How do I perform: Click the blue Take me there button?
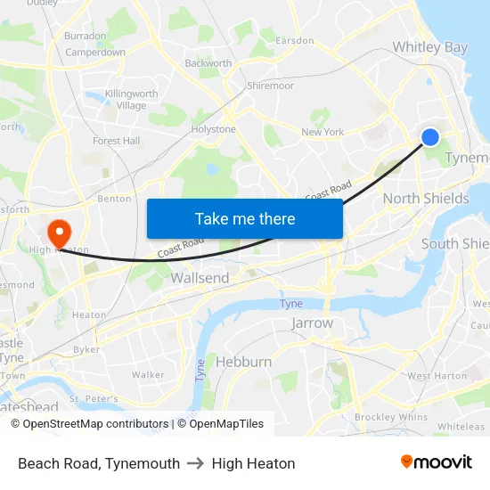pyautogui.click(x=245, y=218)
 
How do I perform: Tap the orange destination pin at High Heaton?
pyautogui.click(x=60, y=234)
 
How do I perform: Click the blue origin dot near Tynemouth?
pyautogui.click(x=430, y=136)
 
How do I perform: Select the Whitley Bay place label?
pyautogui.click(x=430, y=47)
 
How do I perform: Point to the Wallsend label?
pyautogui.click(x=200, y=278)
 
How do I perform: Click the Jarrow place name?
pyautogui.click(x=312, y=323)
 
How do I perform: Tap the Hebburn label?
pyautogui.click(x=243, y=362)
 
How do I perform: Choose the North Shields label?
pyautogui.click(x=426, y=199)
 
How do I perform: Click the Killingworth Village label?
pyautogui.click(x=131, y=100)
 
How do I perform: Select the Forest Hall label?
pyautogui.click(x=117, y=141)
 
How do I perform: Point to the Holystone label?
pyautogui.click(x=214, y=129)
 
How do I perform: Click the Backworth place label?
pyautogui.click(x=208, y=63)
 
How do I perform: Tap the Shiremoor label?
pyautogui.click(x=270, y=86)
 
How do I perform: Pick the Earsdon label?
pyautogui.click(x=295, y=41)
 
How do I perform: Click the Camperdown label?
pyautogui.click(x=95, y=53)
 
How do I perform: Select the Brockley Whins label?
pyautogui.click(x=391, y=417)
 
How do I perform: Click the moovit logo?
pyautogui.click(x=436, y=462)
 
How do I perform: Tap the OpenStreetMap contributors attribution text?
pyautogui.click(x=90, y=424)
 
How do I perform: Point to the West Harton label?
pyautogui.click(x=437, y=376)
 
